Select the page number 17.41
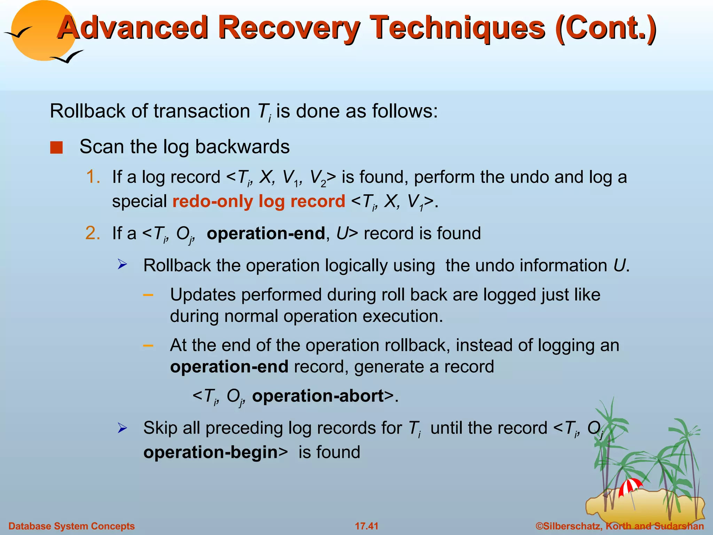point(366,526)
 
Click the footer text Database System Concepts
point(71,526)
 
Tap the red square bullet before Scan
point(56,147)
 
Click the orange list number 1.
point(93,177)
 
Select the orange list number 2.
point(93,233)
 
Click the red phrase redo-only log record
point(258,201)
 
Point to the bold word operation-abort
point(318,396)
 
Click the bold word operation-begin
point(210,452)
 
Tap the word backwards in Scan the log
point(242,147)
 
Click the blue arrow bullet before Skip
point(122,428)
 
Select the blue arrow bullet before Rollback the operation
point(122,265)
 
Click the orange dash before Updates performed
point(148,295)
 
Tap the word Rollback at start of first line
point(87,111)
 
